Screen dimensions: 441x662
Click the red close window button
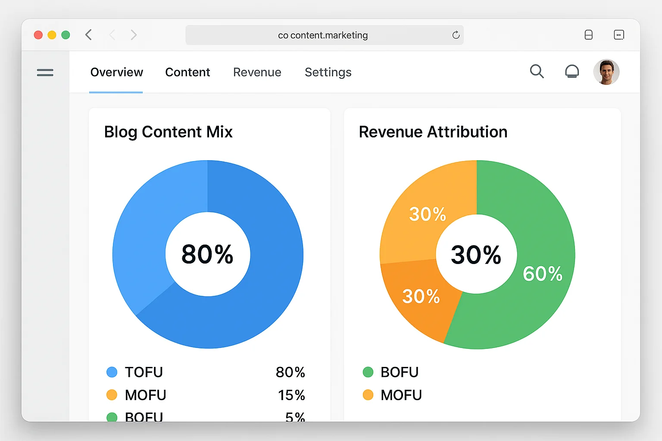click(38, 35)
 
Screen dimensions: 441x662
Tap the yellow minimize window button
click(52, 35)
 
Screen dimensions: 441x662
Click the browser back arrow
click(89, 35)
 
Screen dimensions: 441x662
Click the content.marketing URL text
click(323, 35)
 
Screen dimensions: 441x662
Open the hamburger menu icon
click(45, 72)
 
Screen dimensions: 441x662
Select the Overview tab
click(116, 72)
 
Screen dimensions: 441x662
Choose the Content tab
click(187, 72)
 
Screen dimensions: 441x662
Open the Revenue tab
click(257, 72)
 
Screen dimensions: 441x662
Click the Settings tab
click(328, 72)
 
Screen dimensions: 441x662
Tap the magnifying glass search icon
click(537, 71)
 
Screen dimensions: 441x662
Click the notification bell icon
click(572, 71)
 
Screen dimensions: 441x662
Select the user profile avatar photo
click(606, 72)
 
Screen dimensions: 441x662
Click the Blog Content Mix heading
click(168, 132)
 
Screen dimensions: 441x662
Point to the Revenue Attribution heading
click(433, 132)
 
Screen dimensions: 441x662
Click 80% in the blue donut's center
click(207, 254)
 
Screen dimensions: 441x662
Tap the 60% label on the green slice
click(542, 274)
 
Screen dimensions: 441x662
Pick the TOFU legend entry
click(144, 372)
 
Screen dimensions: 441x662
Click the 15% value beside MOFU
click(291, 395)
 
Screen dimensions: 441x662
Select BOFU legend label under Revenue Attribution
click(399, 372)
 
